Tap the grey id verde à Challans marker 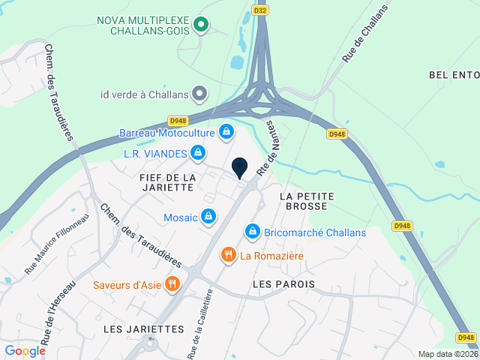(199, 94)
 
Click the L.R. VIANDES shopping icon (197, 154)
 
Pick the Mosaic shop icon (208, 217)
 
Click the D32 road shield (260, 10)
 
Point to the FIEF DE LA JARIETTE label (167, 182)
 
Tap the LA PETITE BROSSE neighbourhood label (306, 202)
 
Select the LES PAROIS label (283, 284)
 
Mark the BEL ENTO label (454, 75)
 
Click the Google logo (25, 350)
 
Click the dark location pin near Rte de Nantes (240, 168)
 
